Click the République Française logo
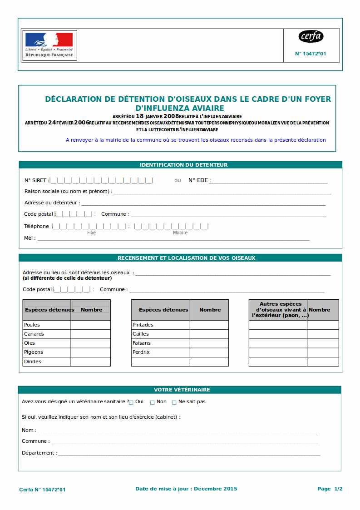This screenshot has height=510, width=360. (49, 45)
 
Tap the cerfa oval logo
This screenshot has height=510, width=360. (311, 36)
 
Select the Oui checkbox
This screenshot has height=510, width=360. (131, 402)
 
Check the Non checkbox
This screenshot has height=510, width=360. (153, 402)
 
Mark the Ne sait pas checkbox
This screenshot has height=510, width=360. (174, 402)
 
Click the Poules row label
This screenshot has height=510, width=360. (32, 325)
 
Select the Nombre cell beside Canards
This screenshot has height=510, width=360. (90, 334)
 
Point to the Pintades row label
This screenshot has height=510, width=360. (143, 325)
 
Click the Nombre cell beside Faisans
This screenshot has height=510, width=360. (209, 343)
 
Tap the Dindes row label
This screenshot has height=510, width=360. (33, 361)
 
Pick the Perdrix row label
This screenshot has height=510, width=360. (141, 352)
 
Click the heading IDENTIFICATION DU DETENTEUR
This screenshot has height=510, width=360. (183, 165)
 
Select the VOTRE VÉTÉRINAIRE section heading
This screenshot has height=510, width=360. (182, 390)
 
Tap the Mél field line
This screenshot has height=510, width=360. (173, 239)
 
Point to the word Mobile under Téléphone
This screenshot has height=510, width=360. (180, 233)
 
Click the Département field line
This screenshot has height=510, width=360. (189, 454)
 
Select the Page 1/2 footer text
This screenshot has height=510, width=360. (330, 489)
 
